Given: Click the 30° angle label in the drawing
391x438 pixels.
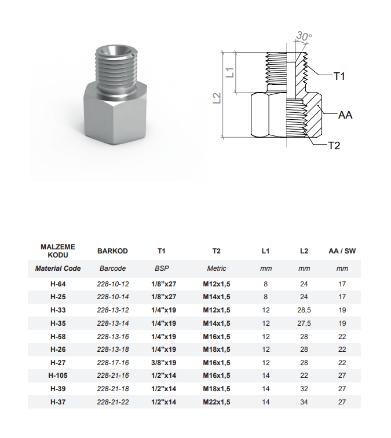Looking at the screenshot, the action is coord(304,36).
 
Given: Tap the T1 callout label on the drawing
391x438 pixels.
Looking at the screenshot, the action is coord(339,76).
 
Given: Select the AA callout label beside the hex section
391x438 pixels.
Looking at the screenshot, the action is coord(345,115).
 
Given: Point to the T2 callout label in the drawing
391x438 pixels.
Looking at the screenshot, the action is coord(334,146).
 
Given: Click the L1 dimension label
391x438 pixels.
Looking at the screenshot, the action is coord(231,73).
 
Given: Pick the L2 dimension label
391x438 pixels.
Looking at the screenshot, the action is coord(217,98).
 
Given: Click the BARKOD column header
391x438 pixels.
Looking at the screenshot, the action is coord(112,251).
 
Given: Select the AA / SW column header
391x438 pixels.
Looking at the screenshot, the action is coord(342,251).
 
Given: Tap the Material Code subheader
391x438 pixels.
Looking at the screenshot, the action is coord(58,268).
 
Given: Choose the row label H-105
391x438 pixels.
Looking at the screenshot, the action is coord(58,376).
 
